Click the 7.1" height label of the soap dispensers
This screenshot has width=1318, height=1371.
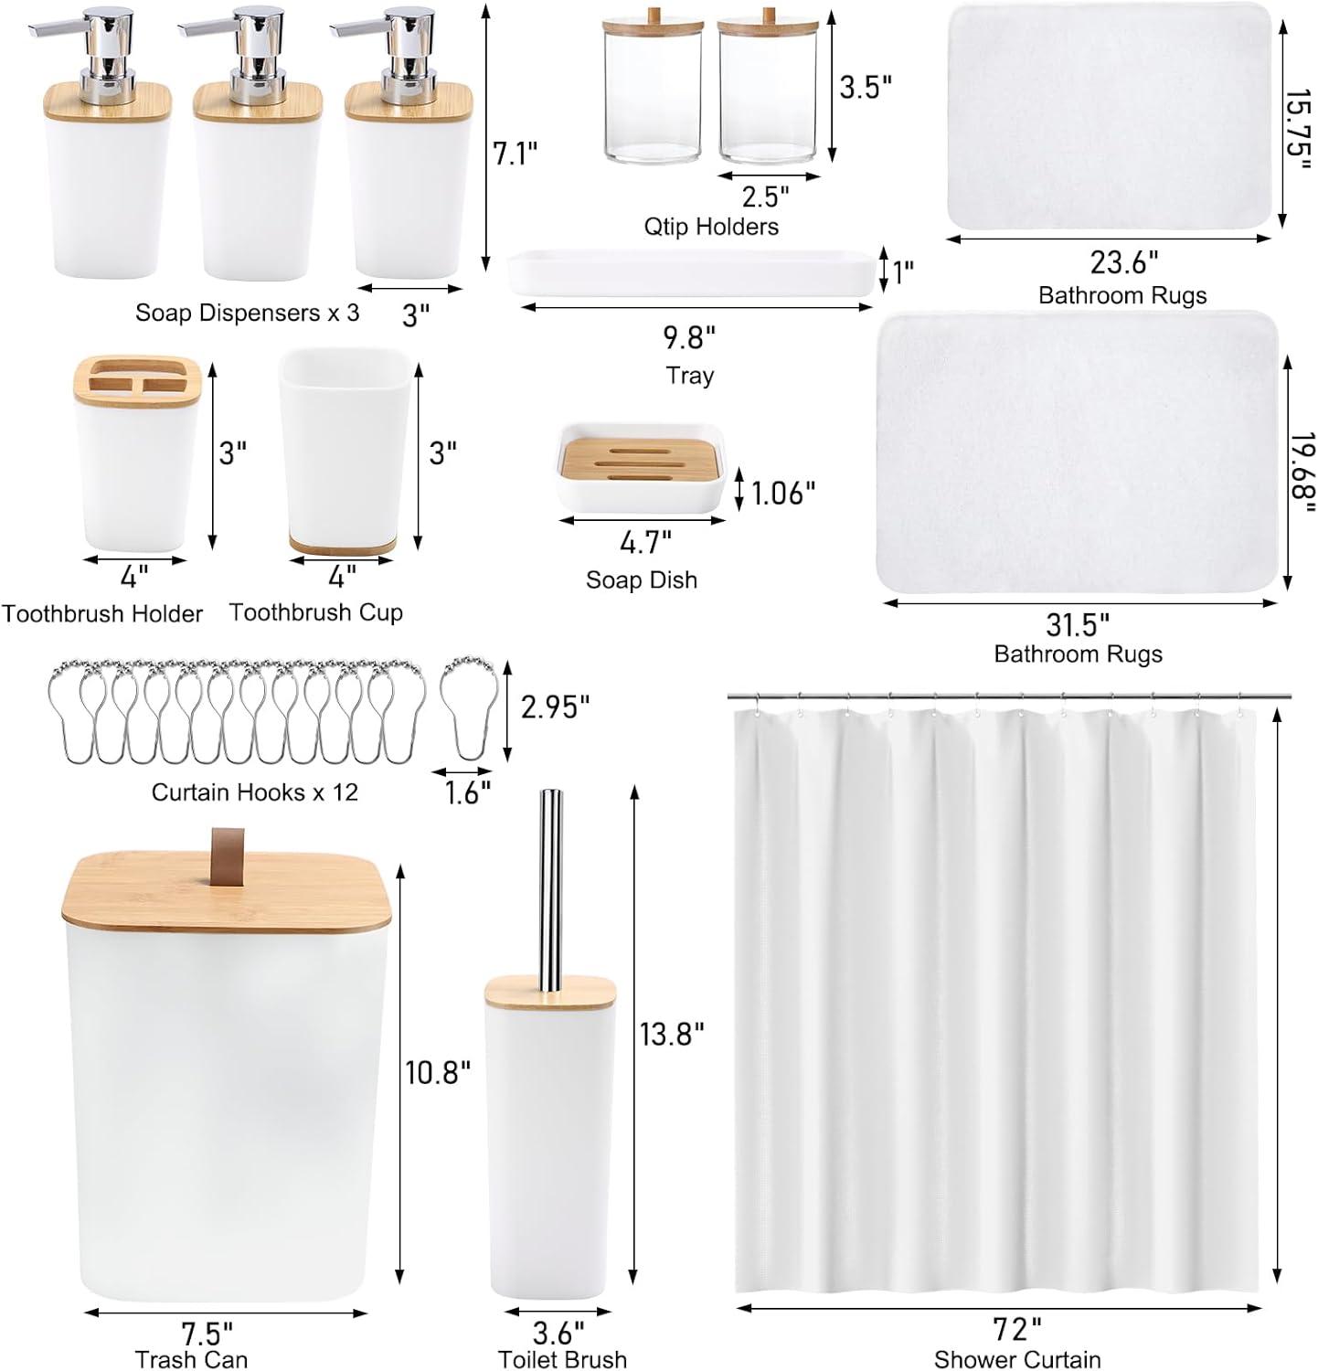tap(515, 153)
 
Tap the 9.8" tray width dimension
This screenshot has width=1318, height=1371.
tap(689, 338)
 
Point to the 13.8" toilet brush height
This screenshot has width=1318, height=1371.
tap(672, 1034)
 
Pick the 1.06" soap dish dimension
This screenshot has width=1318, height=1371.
tap(783, 494)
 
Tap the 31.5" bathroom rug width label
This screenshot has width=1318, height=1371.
tap(1078, 625)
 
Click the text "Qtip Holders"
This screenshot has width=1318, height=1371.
tap(711, 226)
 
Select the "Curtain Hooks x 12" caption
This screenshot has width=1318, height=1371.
tap(254, 792)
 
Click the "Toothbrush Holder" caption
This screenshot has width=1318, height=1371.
tap(101, 613)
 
